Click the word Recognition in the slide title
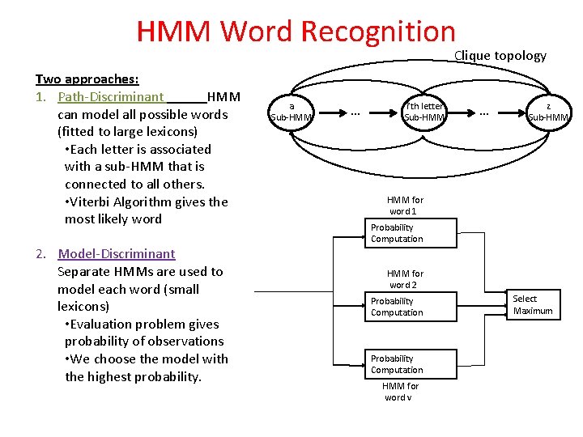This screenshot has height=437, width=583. [x=378, y=32]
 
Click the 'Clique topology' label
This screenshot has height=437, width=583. [x=500, y=56]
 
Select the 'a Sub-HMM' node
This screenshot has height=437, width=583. [x=291, y=112]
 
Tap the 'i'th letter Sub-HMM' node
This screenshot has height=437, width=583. [x=423, y=112]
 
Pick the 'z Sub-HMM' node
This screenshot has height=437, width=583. [x=548, y=112]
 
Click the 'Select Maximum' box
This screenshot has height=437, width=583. [x=532, y=305]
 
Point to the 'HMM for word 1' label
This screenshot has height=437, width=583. [x=405, y=206]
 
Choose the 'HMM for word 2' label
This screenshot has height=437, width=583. [x=405, y=279]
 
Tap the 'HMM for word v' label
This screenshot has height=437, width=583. [x=401, y=392]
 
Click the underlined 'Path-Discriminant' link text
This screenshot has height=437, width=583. [x=111, y=97]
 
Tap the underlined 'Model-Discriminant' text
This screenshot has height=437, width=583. [x=117, y=254]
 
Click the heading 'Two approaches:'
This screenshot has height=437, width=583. [x=87, y=79]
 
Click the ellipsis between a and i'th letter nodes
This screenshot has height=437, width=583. [x=355, y=112]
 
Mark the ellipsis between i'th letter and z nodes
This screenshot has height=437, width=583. [x=484, y=112]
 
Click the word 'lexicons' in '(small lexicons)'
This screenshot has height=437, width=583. [x=83, y=307]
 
